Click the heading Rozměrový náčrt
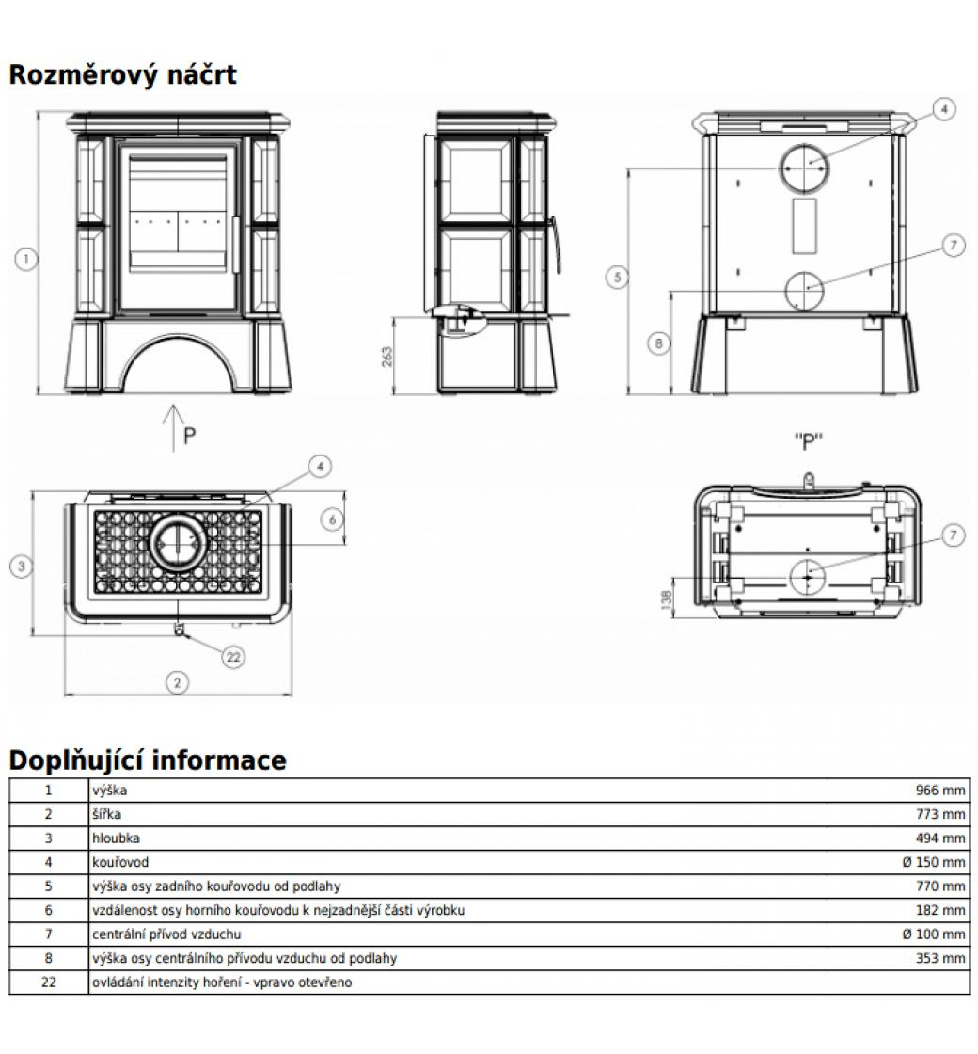(x=122, y=74)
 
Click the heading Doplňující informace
(x=148, y=759)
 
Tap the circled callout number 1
(x=28, y=258)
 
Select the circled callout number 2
(x=178, y=682)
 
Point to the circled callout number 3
(x=23, y=566)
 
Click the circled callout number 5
(x=617, y=277)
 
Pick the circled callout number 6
(x=331, y=519)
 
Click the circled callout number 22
(x=234, y=657)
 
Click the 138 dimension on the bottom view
(x=666, y=599)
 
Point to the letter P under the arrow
(x=190, y=437)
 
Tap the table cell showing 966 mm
(x=940, y=790)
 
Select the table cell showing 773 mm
(x=940, y=814)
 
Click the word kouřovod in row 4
(x=120, y=862)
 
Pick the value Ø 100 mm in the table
(x=933, y=934)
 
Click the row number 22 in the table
(x=49, y=982)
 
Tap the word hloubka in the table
(x=117, y=838)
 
